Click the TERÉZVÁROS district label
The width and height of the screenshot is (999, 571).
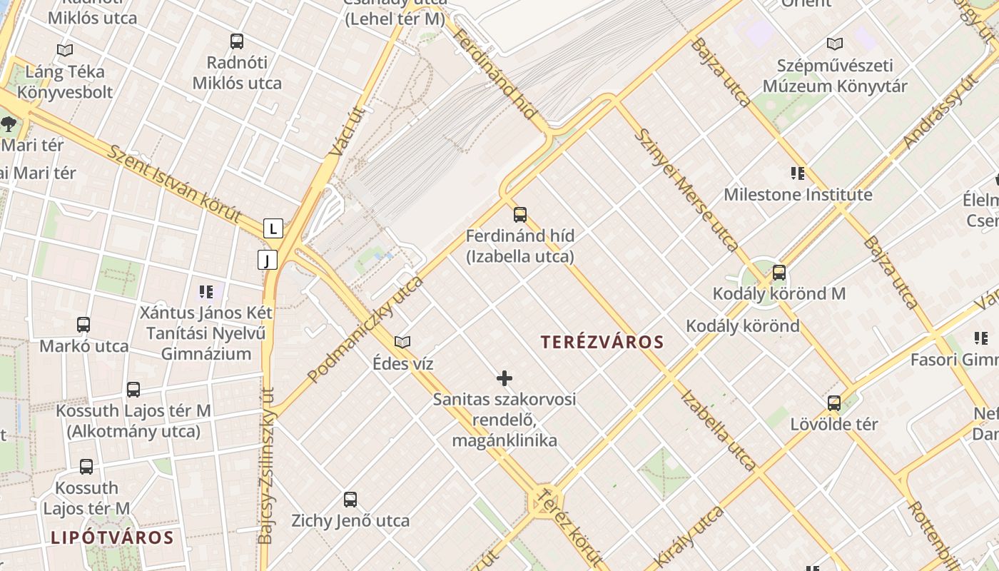pos(602,343)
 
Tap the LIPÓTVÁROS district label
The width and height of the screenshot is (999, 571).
pos(112,537)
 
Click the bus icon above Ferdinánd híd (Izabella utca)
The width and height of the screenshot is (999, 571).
pos(520,214)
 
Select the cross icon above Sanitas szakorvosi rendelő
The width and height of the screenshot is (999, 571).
pos(504,378)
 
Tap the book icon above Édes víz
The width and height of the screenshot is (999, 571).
pos(402,342)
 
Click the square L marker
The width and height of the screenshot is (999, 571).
pos(273,229)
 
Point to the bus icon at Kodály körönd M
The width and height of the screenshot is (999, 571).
pos(779,273)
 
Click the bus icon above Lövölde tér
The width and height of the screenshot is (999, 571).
pos(833,403)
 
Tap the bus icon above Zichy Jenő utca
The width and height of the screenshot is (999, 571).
pos(350,500)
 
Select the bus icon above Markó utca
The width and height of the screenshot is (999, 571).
pos(83,325)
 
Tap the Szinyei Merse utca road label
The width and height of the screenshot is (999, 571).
pos(686,191)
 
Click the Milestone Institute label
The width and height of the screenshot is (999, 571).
pos(798,194)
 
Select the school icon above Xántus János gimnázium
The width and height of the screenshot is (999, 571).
pos(206,291)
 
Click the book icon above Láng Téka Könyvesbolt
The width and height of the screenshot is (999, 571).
pos(65,51)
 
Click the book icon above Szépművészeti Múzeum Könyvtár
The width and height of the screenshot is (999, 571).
pos(834,44)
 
